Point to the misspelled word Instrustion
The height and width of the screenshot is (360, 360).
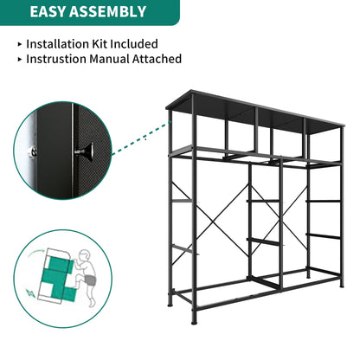click(x=62, y=59)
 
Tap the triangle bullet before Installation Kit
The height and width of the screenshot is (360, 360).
click(x=20, y=43)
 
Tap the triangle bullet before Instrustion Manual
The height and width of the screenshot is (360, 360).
click(x=20, y=59)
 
